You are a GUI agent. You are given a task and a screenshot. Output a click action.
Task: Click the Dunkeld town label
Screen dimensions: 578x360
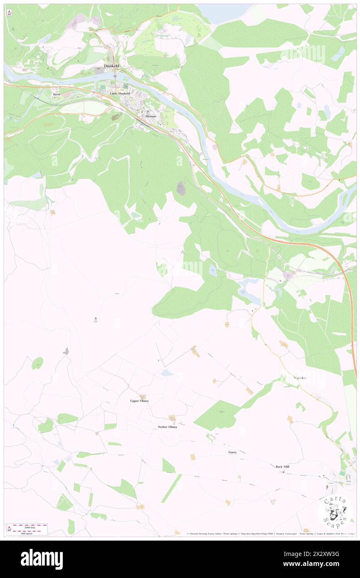112,66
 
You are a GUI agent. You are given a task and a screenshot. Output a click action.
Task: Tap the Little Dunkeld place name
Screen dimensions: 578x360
120,94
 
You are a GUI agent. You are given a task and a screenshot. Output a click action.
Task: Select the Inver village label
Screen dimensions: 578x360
57,94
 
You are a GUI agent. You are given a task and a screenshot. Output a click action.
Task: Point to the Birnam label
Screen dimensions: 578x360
150,116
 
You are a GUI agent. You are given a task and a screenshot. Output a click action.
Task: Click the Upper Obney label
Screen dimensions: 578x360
140,401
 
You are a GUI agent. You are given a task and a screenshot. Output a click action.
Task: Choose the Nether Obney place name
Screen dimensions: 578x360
168,427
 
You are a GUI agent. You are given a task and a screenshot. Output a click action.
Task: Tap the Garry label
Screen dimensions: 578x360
232,452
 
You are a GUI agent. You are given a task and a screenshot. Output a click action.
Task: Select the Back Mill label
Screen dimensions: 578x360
283,467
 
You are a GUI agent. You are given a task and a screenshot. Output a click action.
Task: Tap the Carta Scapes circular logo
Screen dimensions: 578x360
335,511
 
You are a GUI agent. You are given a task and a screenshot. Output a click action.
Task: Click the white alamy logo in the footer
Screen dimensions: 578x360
42,559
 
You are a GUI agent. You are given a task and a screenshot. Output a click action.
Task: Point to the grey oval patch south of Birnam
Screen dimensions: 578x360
181,188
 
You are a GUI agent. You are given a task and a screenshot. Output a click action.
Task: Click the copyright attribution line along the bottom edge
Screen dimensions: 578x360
266,534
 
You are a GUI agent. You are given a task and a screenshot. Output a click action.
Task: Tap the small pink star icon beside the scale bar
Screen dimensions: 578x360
9,529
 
